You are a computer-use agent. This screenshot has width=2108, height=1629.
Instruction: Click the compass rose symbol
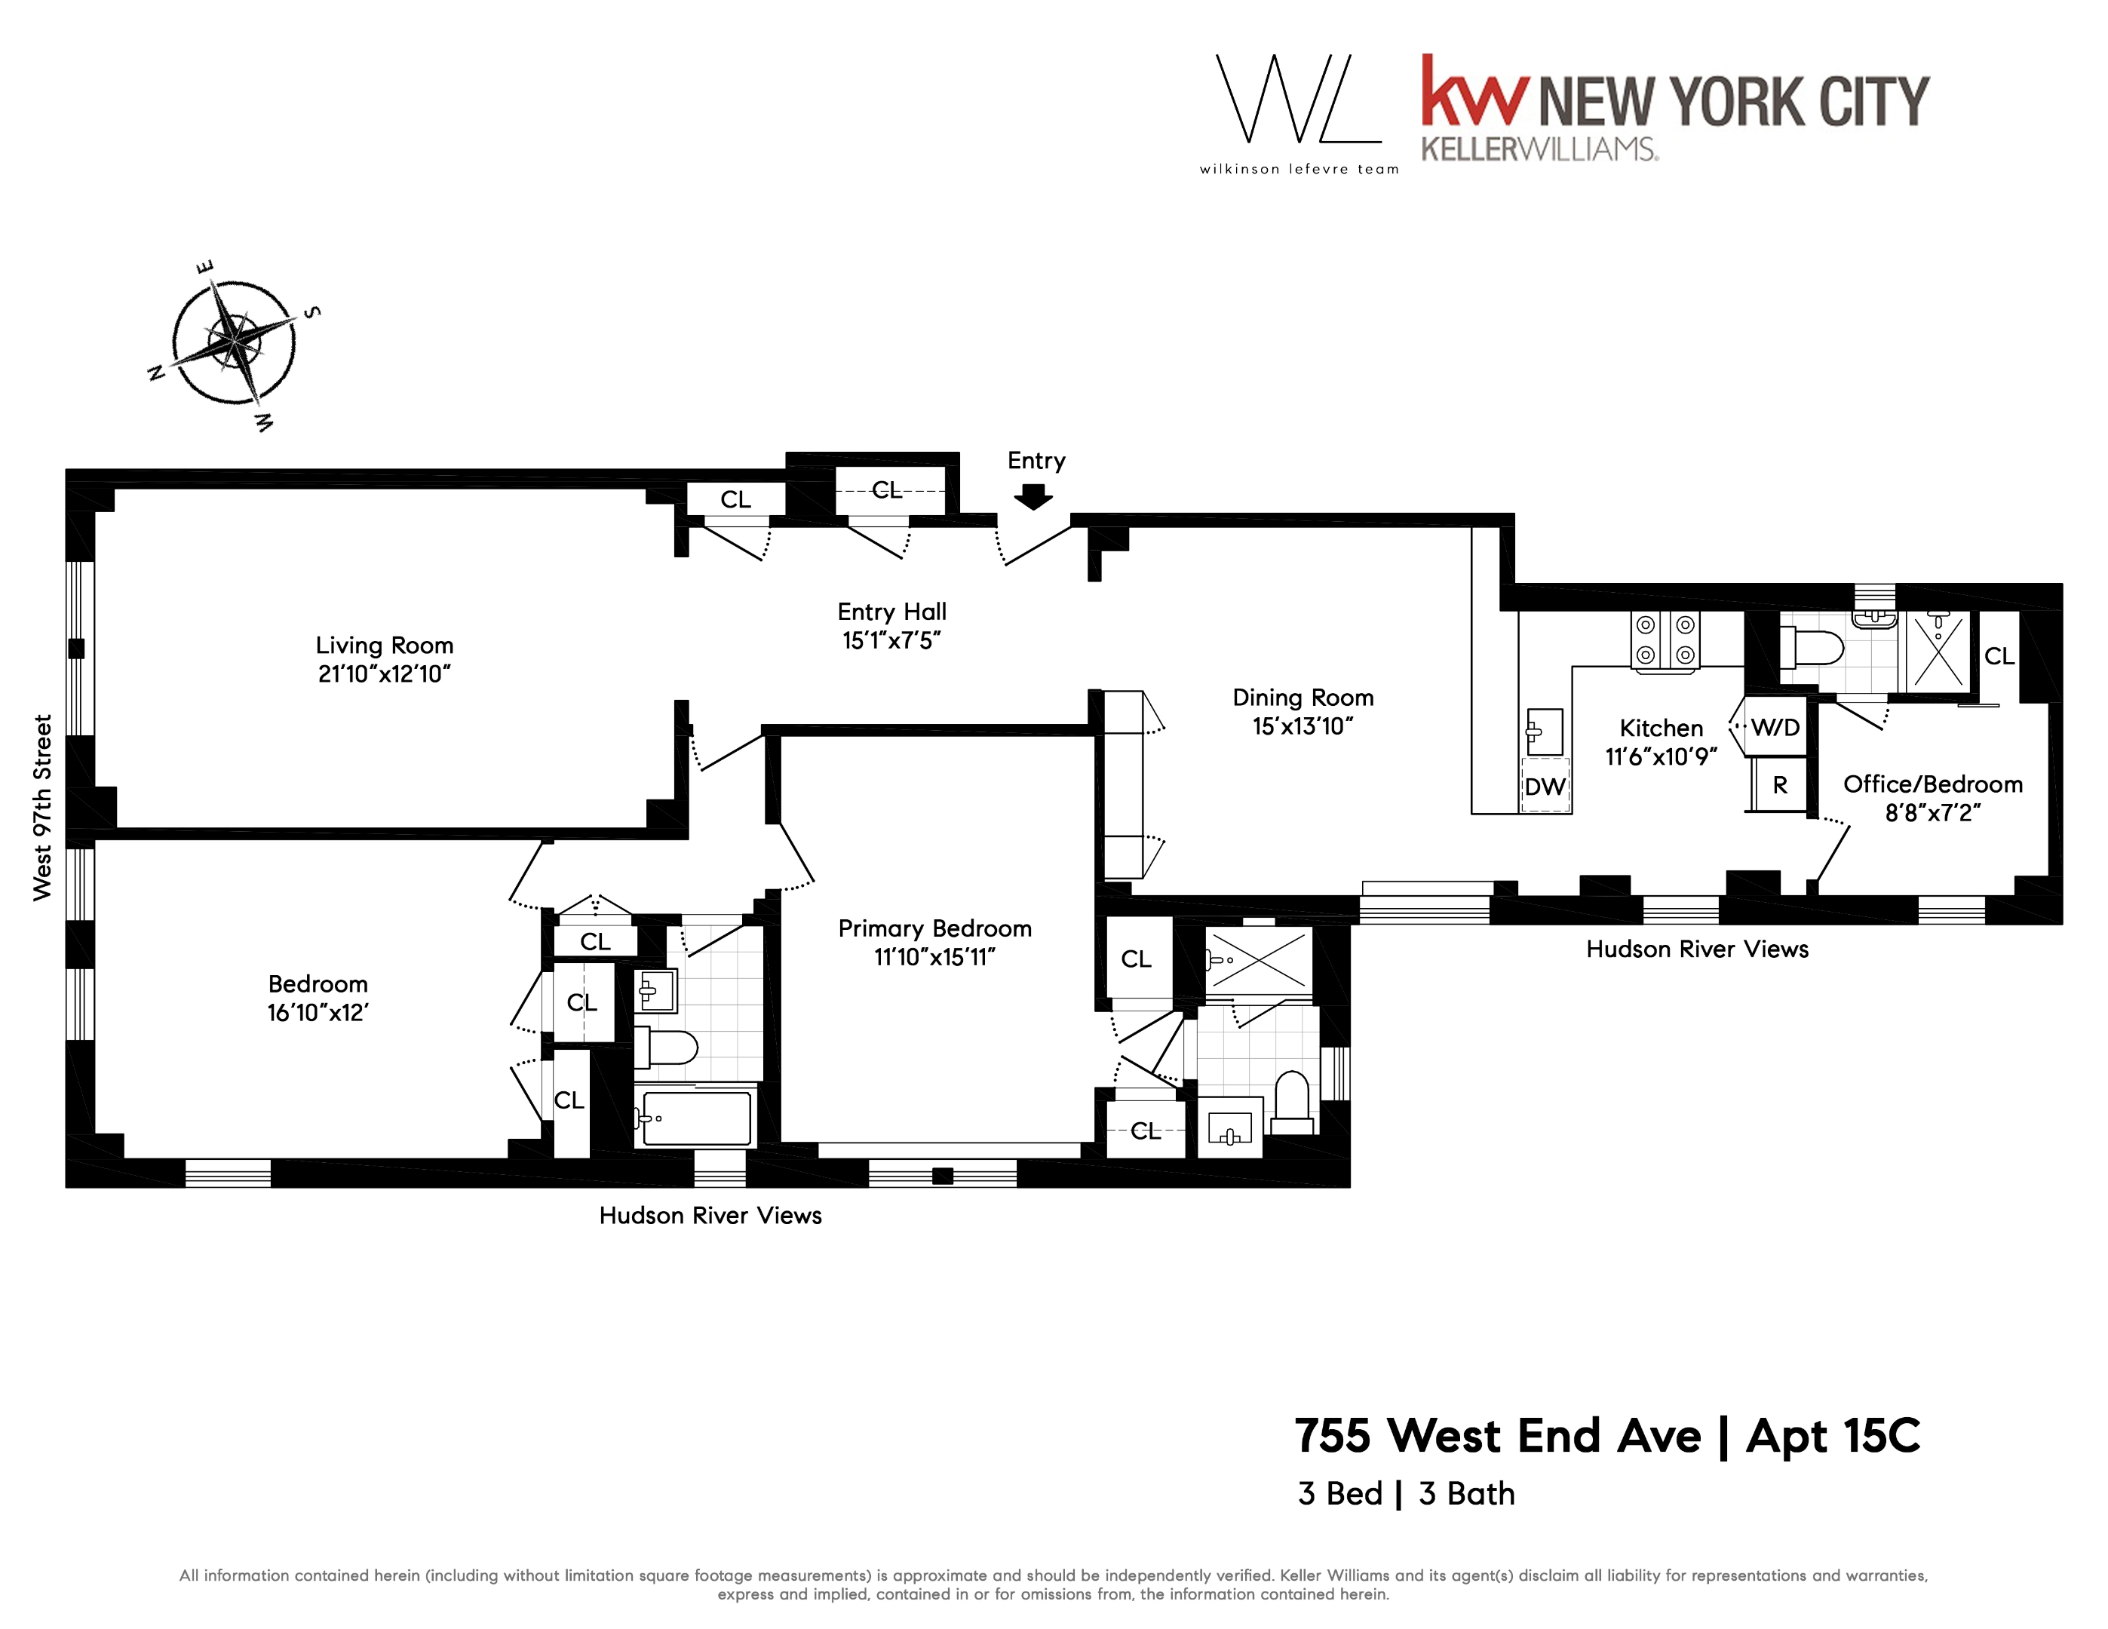[234, 342]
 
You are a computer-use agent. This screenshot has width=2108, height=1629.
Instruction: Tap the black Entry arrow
[1034, 496]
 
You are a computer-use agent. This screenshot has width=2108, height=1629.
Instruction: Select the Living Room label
[384, 646]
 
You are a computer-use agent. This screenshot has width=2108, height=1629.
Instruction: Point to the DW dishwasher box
[1545, 787]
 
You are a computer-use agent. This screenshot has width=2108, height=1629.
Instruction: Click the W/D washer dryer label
[1775, 728]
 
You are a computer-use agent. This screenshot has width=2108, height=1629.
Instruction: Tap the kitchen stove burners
[1665, 640]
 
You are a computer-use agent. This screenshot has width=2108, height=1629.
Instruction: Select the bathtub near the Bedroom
[696, 1118]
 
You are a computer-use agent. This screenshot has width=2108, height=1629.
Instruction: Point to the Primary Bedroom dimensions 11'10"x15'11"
[934, 956]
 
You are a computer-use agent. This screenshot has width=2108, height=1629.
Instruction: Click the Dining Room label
[1302, 698]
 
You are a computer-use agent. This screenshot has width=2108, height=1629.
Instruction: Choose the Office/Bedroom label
[1932, 784]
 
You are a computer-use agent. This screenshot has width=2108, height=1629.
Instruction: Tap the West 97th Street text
[42, 807]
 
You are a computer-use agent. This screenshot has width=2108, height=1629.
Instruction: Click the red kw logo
[1474, 92]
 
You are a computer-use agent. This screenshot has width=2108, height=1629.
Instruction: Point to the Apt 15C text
[1833, 1436]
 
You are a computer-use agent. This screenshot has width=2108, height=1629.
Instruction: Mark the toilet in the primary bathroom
[1291, 1104]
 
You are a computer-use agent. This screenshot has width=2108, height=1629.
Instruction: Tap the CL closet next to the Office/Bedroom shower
[1999, 656]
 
